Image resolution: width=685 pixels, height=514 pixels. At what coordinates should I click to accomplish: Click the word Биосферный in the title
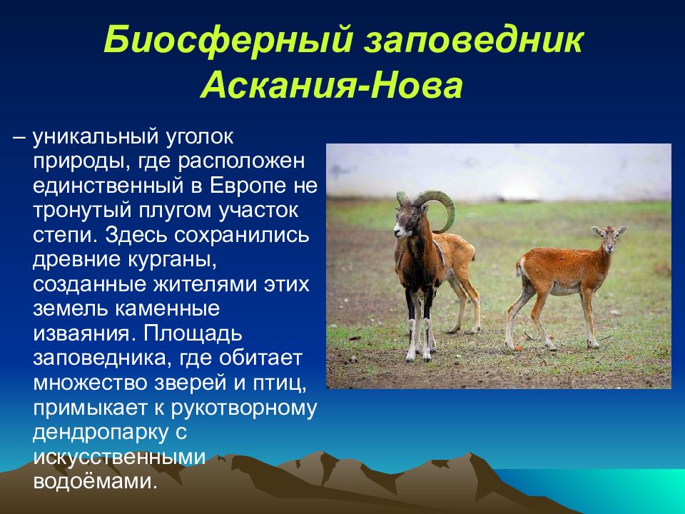[228, 39]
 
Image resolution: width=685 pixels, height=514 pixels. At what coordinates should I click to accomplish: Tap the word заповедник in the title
[475, 40]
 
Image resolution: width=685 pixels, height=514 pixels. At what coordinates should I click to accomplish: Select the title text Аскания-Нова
[332, 84]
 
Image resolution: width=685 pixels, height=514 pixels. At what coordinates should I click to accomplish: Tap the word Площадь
[192, 333]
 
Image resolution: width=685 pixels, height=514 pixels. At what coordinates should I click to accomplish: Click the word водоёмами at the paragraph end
[94, 480]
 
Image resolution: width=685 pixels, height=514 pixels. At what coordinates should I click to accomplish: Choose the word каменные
[167, 309]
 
